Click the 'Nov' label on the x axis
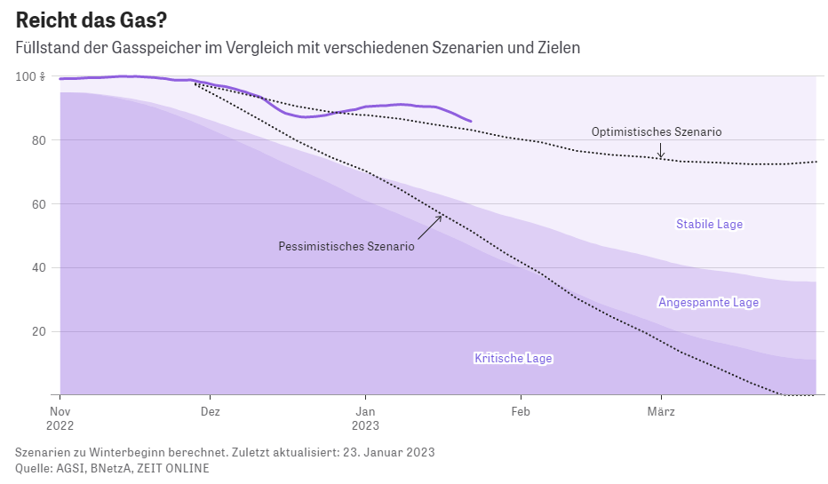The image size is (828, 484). (x=60, y=411)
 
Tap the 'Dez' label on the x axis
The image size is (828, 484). (x=211, y=411)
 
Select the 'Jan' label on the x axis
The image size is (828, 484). (x=365, y=411)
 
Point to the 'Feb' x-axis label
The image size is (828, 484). (x=521, y=411)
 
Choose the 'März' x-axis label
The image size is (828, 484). (x=661, y=411)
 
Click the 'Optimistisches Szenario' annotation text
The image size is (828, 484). (x=657, y=131)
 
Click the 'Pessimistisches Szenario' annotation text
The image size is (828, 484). (x=346, y=247)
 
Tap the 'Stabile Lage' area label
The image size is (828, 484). (x=709, y=225)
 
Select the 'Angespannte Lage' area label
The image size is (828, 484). (x=708, y=303)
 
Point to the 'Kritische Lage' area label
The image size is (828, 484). (x=514, y=359)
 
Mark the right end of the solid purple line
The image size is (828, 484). (x=471, y=121)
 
